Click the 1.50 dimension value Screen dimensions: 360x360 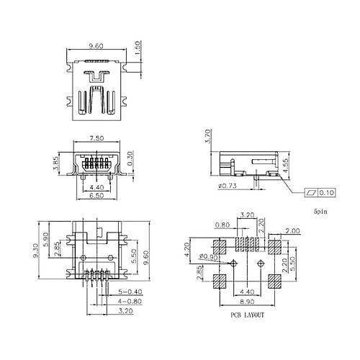pos(138,48)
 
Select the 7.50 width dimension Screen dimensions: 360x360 pos(96,138)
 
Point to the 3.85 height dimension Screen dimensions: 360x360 pos(55,163)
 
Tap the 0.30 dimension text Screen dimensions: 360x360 pos(130,158)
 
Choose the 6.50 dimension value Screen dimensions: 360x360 pos(96,196)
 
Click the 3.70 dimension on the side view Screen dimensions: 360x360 pos(208,136)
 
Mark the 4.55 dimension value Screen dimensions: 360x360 pos(285,166)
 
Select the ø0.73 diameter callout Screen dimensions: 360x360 pos(228,186)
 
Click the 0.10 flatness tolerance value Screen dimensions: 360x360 pos(327,192)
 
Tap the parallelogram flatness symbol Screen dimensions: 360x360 pos(311,192)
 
